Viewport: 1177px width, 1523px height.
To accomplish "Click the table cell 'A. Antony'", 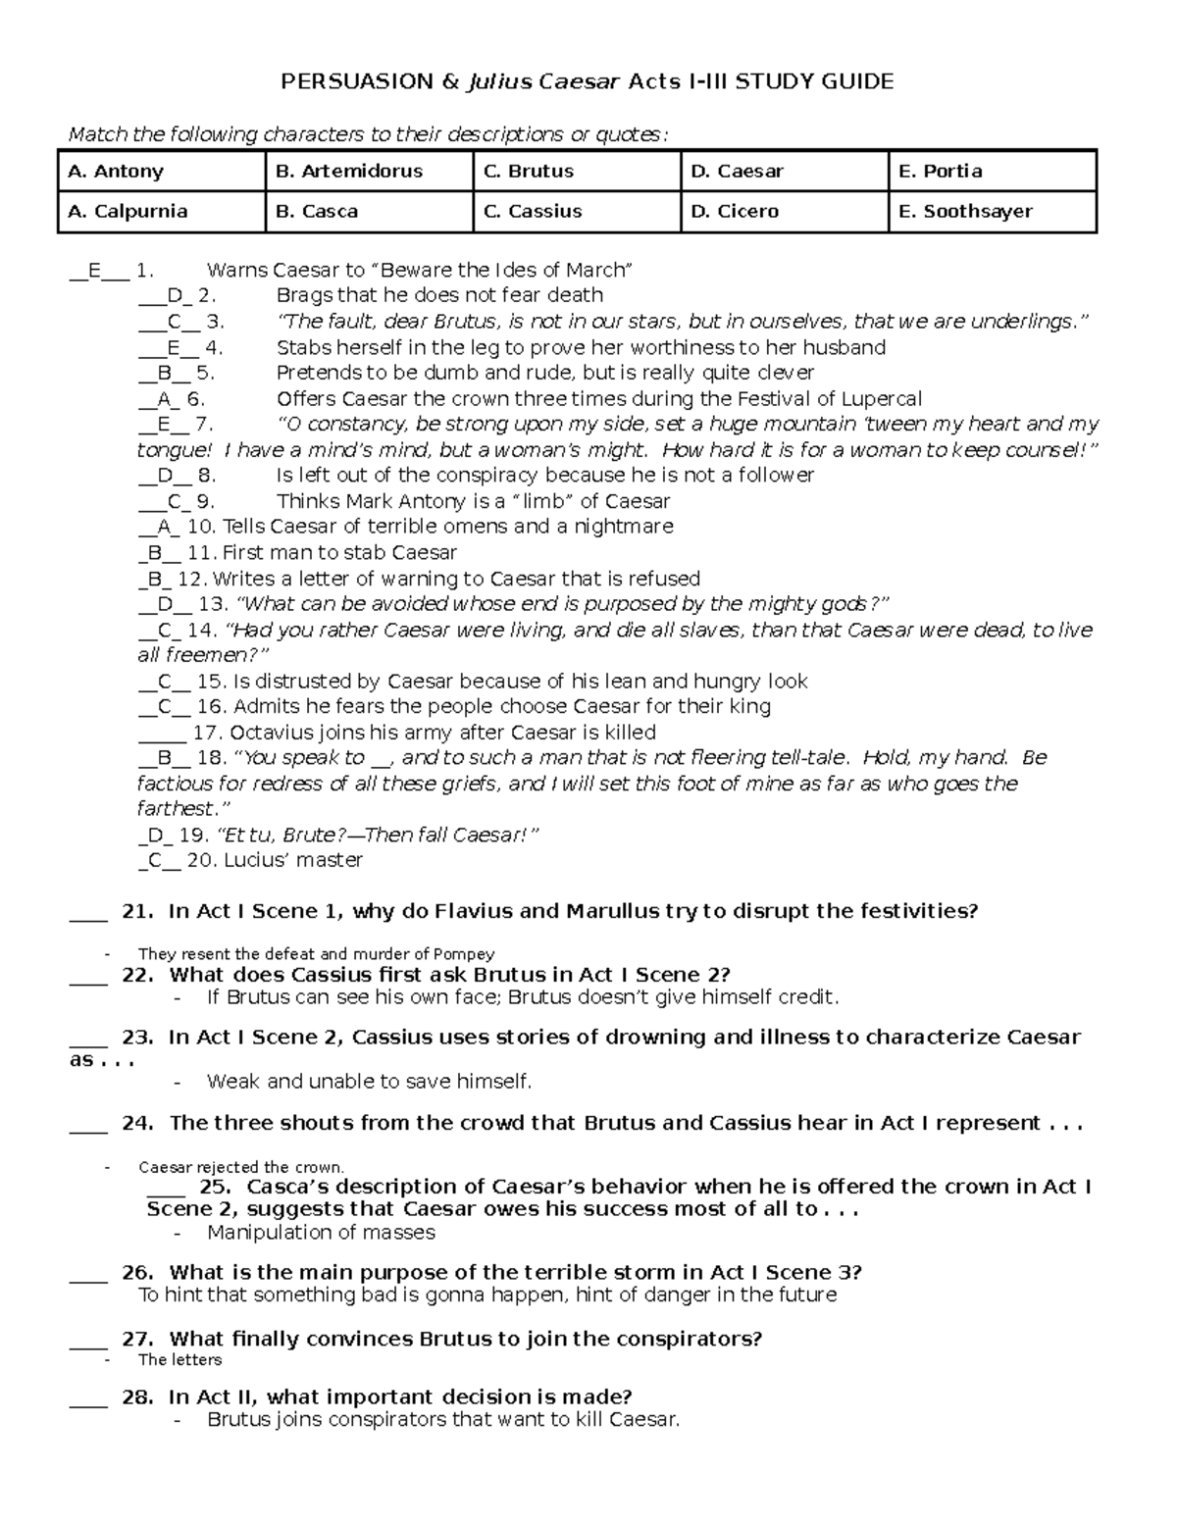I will point(161,172).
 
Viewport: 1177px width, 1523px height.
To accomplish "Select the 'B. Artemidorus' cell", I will point(369,172).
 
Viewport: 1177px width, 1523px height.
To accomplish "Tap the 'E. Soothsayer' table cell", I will point(992,212).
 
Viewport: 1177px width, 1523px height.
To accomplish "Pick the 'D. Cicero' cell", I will point(784,212).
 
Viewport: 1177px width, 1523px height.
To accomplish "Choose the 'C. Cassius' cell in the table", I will point(576,212).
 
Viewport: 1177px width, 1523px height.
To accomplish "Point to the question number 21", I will point(136,911).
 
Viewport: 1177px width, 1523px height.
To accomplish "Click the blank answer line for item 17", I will point(162,734).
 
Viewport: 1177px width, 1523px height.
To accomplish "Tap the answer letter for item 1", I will point(94,271).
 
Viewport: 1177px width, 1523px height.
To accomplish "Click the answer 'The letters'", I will point(179,1359).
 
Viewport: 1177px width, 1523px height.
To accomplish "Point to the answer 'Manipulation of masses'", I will point(321,1232).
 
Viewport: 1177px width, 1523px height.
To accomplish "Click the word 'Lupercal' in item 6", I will point(883,399).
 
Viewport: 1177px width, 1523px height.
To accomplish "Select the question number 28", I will point(136,1396).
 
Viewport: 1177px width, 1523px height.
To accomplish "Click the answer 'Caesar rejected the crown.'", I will point(241,1167).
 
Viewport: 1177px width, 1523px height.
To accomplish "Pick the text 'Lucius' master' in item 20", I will point(293,860).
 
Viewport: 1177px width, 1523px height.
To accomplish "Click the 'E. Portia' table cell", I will point(992,172).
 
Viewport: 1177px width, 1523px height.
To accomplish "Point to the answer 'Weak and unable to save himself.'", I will point(369,1082).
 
